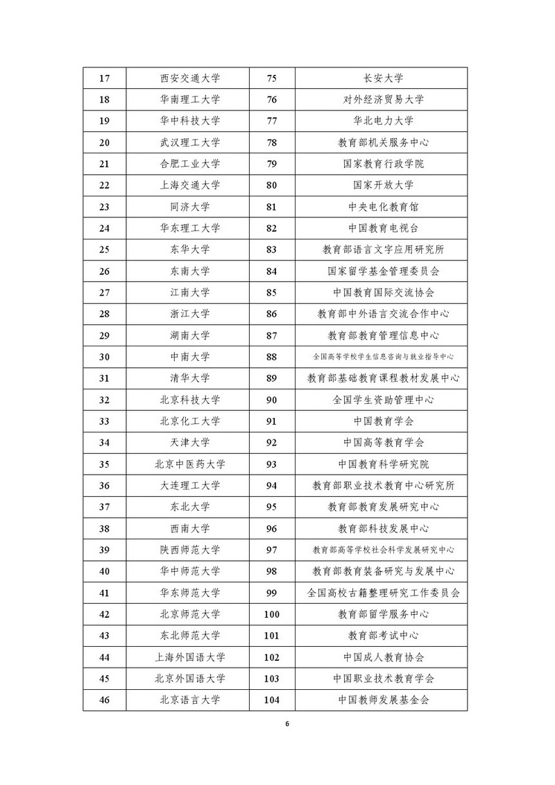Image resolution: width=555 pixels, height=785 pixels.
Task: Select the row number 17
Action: (105, 78)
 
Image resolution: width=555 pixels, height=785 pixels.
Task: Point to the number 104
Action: (272, 700)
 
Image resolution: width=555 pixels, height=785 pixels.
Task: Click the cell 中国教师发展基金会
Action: (383, 700)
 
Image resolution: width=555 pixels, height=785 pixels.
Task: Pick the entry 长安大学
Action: (383, 78)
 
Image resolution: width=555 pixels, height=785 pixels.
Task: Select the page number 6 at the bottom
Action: (287, 724)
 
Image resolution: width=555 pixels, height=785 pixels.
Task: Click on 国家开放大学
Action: (383, 185)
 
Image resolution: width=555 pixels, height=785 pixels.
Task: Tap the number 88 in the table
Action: (272, 357)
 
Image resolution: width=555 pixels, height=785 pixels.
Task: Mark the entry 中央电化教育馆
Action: (383, 207)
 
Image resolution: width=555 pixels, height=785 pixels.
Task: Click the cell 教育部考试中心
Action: (383, 635)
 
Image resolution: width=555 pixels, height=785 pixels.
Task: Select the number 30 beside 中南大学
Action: (105, 357)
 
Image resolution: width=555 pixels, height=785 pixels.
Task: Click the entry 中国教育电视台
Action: (383, 228)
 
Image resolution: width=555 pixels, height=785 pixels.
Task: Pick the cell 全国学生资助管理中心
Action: (383, 400)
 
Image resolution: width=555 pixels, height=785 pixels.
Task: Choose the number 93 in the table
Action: (272, 464)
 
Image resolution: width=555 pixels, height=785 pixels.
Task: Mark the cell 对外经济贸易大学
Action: (383, 99)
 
